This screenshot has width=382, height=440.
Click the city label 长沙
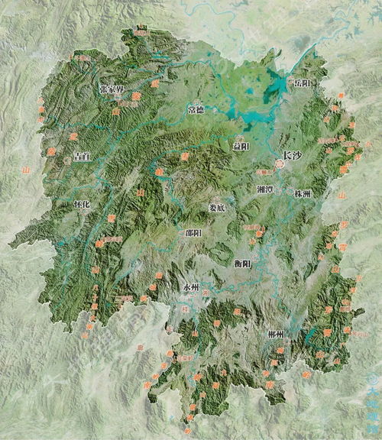click(293, 156)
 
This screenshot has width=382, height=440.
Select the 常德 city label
click(196, 109)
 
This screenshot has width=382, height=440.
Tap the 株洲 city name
click(302, 194)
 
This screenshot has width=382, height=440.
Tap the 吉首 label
click(81, 156)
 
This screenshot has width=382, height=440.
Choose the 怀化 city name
click(81, 205)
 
